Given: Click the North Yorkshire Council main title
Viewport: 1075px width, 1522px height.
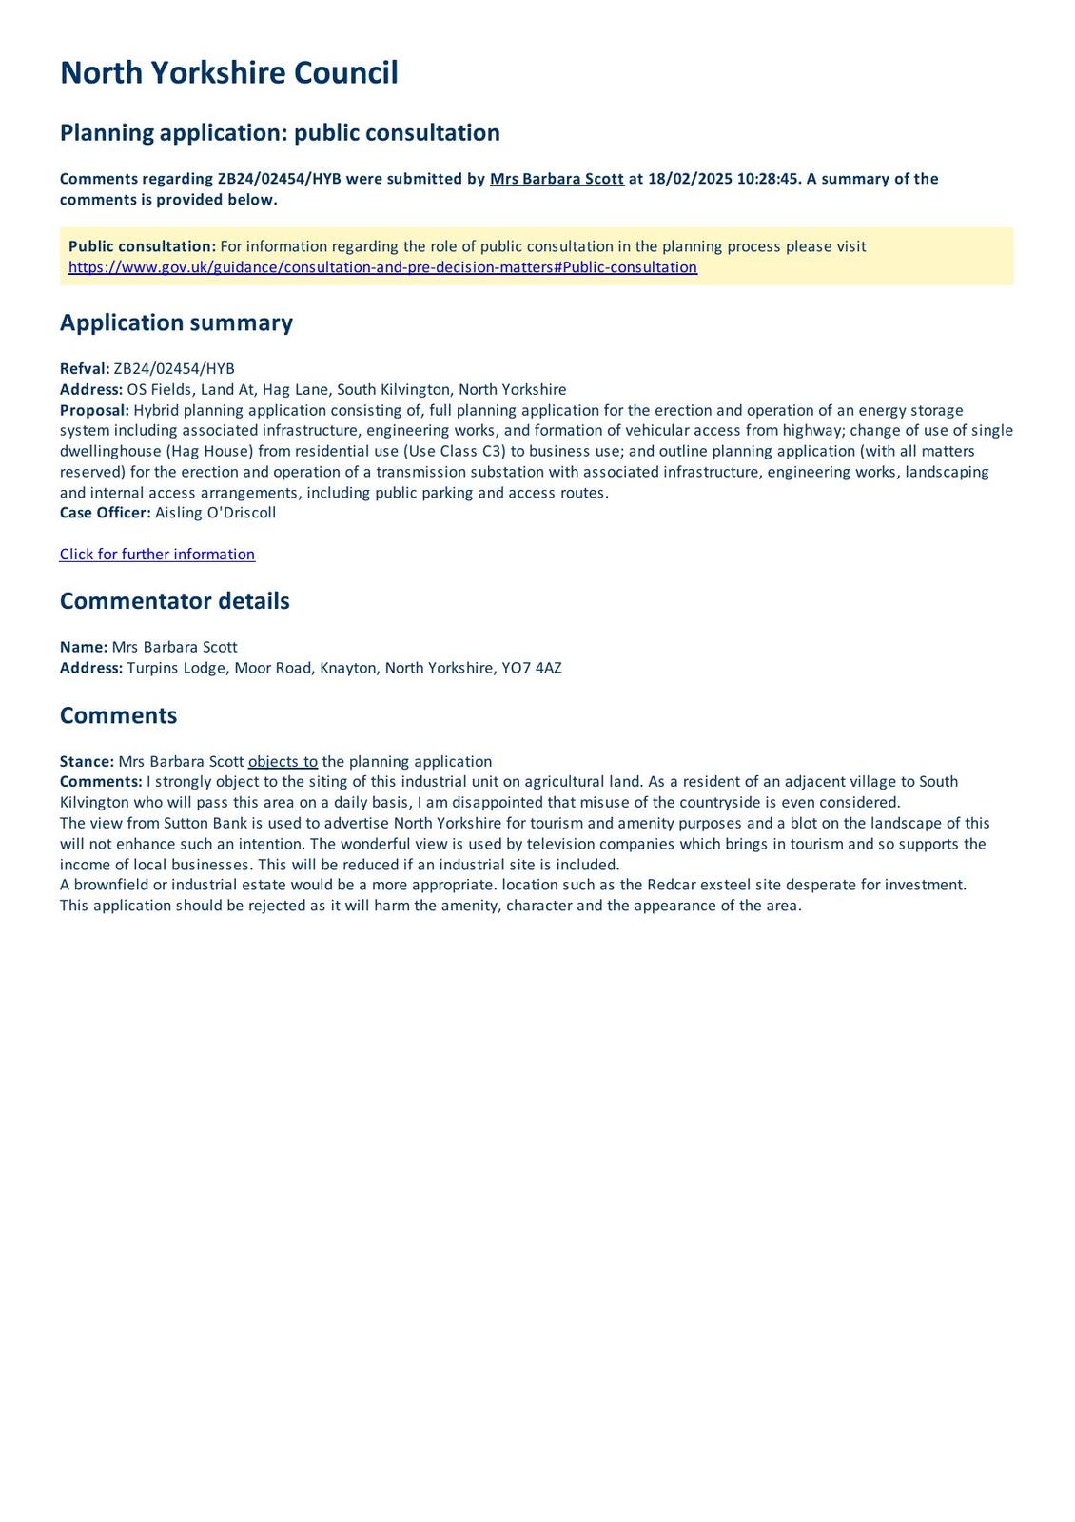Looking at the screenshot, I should [x=228, y=73].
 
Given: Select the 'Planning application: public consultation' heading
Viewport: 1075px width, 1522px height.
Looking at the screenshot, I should [x=280, y=132].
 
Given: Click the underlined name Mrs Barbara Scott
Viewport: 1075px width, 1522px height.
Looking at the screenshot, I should [x=557, y=179].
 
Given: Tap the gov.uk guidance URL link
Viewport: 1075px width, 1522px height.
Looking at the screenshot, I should [x=382, y=267].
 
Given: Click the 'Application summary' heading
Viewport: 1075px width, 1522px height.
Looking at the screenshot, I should [x=176, y=322].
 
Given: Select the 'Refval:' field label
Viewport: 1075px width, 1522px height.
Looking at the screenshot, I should [x=85, y=369].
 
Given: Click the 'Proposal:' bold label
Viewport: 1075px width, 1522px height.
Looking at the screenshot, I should [x=94, y=410].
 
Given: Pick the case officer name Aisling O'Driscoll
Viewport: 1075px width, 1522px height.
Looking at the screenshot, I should [x=215, y=513].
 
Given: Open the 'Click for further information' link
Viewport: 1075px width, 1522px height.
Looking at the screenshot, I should [x=157, y=555].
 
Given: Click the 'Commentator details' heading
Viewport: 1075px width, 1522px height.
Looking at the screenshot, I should [x=174, y=601].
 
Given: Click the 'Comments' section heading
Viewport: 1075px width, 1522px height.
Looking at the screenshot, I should [x=118, y=715].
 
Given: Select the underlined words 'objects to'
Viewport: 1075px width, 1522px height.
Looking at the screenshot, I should [x=283, y=762].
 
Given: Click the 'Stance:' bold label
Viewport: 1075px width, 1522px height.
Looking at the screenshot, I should [x=87, y=762].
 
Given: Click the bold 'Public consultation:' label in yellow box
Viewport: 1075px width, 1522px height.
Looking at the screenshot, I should [x=142, y=246].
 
